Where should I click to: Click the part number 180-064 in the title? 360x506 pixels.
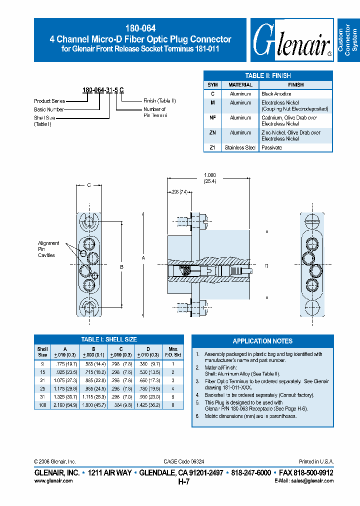tap(140, 29)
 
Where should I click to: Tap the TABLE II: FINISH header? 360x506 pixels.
tap(268, 75)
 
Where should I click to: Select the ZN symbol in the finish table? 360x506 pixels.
tap(212, 132)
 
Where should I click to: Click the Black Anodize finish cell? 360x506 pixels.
tap(276, 94)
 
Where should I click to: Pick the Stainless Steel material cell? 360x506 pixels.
tap(240, 147)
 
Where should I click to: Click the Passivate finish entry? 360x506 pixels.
tap(271, 147)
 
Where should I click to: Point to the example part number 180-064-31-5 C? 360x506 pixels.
tap(103, 90)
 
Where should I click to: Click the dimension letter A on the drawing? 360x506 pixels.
tap(144, 257)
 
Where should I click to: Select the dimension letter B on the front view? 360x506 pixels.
tap(121, 267)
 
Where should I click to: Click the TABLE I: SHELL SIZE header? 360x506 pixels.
tap(109, 339)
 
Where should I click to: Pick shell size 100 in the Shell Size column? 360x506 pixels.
tap(42, 405)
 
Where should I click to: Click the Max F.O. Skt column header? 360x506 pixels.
tap(173, 351)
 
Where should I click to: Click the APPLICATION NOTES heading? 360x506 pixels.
tap(262, 341)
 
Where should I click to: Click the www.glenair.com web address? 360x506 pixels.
tap(53, 480)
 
